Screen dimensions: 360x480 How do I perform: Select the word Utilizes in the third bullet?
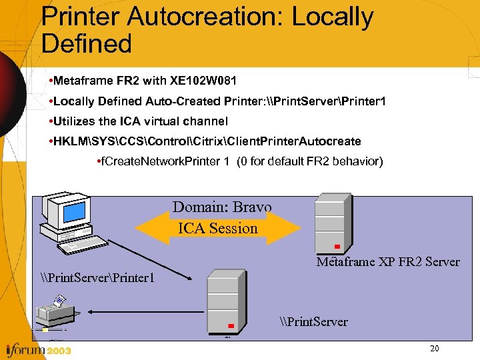[x=75, y=121]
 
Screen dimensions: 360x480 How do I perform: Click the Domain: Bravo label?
[x=222, y=207]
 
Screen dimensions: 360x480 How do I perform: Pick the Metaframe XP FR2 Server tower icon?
[x=331, y=224]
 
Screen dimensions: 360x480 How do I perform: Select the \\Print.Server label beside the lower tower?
[x=313, y=322]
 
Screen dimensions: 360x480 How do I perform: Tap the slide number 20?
[x=435, y=349]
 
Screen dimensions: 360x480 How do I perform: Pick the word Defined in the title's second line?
[x=87, y=44]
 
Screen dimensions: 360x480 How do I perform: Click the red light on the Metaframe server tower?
[x=337, y=247]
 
